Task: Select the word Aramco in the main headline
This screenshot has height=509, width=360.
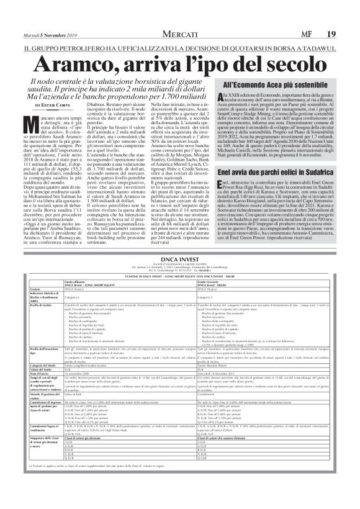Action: coord(81,64)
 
